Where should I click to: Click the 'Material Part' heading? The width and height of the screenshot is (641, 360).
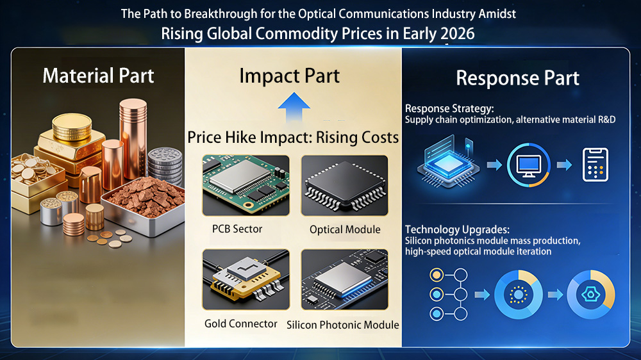click(98, 76)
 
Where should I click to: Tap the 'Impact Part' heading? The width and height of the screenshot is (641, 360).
click(290, 76)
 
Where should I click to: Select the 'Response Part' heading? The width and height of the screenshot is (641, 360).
click(517, 78)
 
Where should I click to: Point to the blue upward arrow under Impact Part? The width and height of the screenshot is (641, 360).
click(294, 107)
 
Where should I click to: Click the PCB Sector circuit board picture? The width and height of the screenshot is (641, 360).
click(246, 186)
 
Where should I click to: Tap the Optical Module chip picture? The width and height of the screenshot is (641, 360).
click(345, 186)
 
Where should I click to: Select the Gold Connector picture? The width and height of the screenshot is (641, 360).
click(246, 279)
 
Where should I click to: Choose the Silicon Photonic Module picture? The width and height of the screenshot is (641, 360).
click(345, 279)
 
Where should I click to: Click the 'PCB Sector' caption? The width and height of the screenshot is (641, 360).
click(237, 229)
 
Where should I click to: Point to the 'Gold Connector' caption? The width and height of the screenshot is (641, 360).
click(241, 323)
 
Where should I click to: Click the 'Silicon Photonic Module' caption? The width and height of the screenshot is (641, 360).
click(342, 325)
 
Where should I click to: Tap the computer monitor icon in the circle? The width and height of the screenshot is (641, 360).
click(529, 165)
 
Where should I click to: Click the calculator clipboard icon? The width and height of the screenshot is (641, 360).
click(595, 165)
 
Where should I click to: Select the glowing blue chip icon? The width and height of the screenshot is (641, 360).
click(449, 162)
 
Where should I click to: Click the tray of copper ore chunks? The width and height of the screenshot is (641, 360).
click(143, 206)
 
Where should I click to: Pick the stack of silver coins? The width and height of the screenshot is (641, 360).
click(165, 166)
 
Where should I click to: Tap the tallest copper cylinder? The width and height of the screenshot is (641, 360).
click(133, 140)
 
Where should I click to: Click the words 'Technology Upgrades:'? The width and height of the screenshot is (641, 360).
click(457, 230)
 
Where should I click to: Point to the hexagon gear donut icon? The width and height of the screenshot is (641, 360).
click(591, 294)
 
